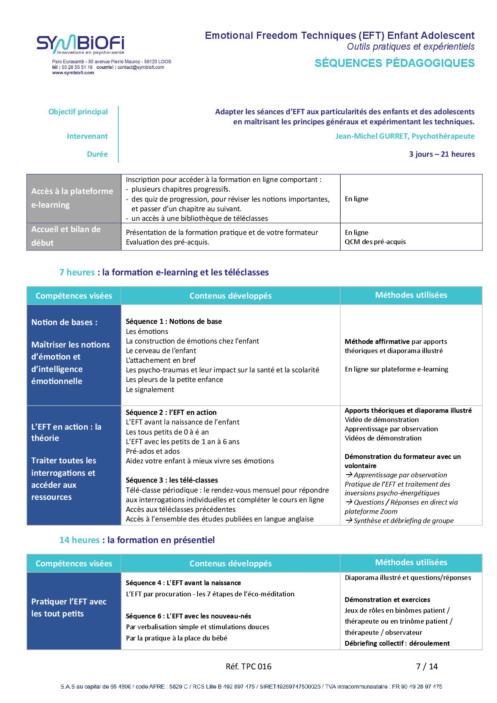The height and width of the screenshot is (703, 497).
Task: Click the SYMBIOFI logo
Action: pos(81,44)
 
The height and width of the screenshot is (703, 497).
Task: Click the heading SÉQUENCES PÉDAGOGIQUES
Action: pos(394,63)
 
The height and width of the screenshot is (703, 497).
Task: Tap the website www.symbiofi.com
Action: pos(73,73)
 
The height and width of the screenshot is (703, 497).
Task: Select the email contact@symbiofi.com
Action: pos(141,67)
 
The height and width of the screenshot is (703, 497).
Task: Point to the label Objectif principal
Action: pos(78,112)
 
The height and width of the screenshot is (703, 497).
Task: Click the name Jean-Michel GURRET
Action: pos(372,136)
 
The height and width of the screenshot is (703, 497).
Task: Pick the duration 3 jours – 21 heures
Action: pos(442,154)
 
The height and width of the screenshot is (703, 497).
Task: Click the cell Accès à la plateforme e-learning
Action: pos(73,198)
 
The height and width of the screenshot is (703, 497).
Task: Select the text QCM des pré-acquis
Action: pos(375,242)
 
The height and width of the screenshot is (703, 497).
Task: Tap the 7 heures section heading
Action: pos(164,273)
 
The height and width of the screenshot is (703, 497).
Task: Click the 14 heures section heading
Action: pos(137,540)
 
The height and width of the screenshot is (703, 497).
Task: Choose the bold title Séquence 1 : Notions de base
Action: pos(174,321)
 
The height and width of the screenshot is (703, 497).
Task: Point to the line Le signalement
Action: pos(150,390)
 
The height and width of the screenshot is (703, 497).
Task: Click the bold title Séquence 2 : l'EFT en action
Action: pos(171,412)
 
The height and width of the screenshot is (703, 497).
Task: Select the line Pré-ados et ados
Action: pos(153,451)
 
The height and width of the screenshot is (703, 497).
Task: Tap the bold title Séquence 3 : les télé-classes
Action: pos(172,480)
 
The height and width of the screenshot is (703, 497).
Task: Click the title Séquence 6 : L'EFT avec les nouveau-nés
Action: pos(188,616)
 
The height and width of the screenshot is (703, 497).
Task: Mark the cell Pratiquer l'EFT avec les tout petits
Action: pos(69,608)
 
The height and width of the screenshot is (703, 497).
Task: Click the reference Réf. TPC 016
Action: pos(248,667)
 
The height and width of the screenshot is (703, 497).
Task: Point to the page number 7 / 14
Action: pos(427,667)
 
